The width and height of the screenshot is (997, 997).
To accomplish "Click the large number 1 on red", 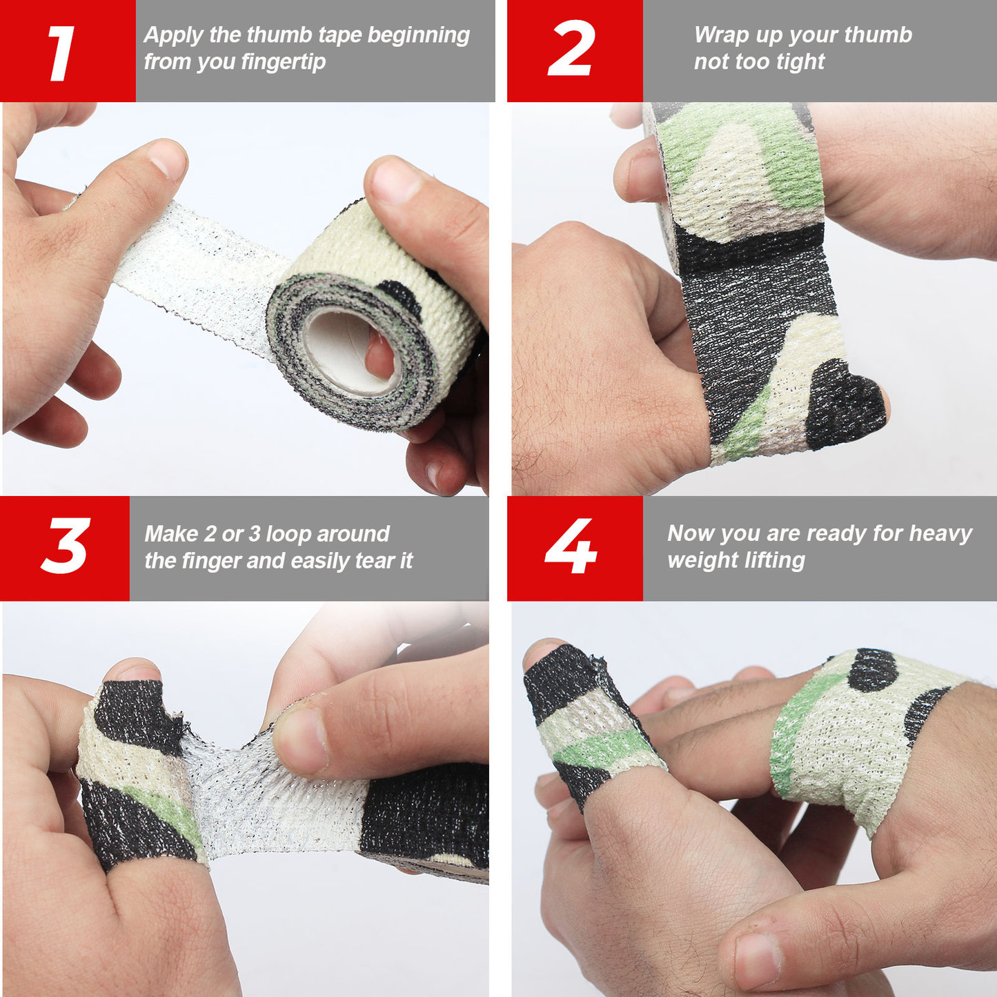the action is click(x=62, y=53).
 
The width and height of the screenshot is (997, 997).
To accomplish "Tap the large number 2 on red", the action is click(x=571, y=48).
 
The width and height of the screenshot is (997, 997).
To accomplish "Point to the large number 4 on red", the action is click(x=571, y=546).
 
